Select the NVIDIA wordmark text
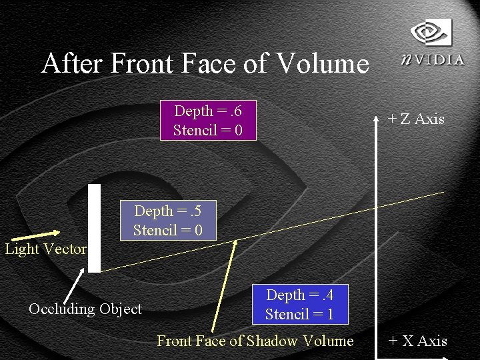click(433, 59)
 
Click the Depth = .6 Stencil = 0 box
click(208, 121)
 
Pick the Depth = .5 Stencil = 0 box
click(167, 221)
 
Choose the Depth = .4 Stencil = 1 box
click(299, 304)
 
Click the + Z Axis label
click(416, 119)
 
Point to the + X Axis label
click(417, 341)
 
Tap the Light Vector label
click(45, 249)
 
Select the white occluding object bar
click(95, 228)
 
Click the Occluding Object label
click(85, 309)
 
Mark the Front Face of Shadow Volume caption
click(255, 341)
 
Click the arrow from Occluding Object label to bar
click(73, 285)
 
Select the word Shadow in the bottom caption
click(271, 341)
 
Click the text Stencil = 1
click(299, 314)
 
